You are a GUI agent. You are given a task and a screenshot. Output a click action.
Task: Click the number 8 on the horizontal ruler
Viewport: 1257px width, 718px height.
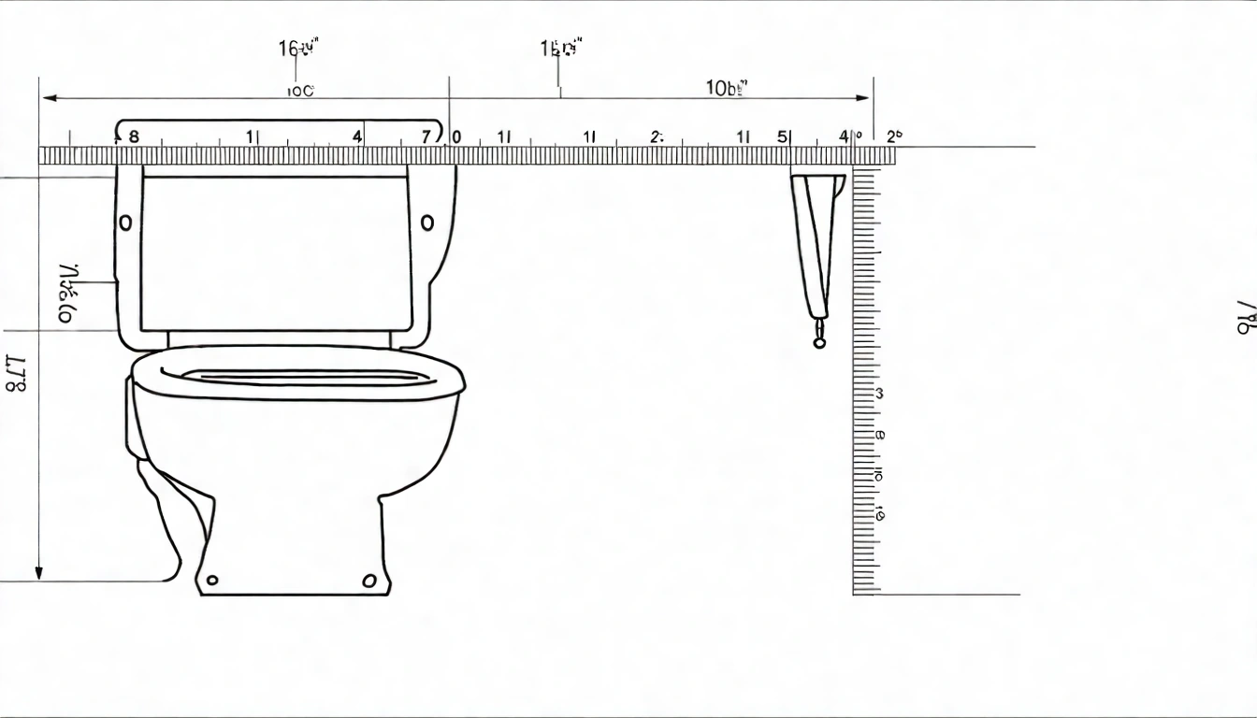(133, 136)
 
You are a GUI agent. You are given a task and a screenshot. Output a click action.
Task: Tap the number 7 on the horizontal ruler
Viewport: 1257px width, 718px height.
(426, 136)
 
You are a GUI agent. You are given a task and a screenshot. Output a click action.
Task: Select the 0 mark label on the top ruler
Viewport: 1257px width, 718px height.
(456, 136)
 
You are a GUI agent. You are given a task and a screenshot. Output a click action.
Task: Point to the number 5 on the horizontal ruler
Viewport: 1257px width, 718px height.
(782, 136)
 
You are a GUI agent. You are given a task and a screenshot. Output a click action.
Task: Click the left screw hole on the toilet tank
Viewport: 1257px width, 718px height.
(125, 223)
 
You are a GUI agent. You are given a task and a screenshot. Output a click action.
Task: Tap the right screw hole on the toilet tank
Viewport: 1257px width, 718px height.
(427, 223)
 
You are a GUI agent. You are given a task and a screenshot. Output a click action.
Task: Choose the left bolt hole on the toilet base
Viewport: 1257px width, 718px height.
(213, 581)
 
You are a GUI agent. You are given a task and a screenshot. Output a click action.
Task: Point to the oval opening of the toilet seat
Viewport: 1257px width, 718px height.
(304, 377)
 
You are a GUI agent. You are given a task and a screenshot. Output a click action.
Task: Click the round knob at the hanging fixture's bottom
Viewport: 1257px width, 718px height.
(820, 342)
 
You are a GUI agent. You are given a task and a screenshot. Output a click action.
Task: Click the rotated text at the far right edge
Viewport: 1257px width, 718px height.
(1245, 318)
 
